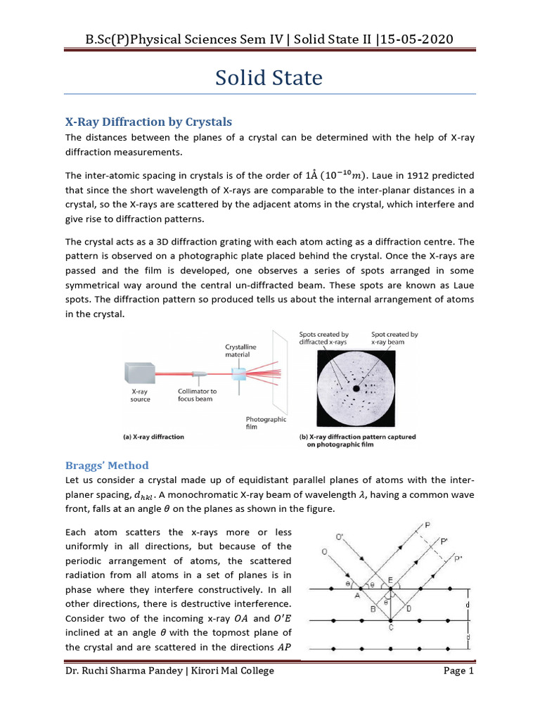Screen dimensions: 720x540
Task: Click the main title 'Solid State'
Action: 269,78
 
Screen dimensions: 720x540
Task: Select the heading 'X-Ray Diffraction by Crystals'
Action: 148,121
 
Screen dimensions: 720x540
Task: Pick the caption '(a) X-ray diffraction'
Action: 153,437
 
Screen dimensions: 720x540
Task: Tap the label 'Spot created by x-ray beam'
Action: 394,338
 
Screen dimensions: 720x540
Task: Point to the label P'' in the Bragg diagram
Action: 459,559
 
